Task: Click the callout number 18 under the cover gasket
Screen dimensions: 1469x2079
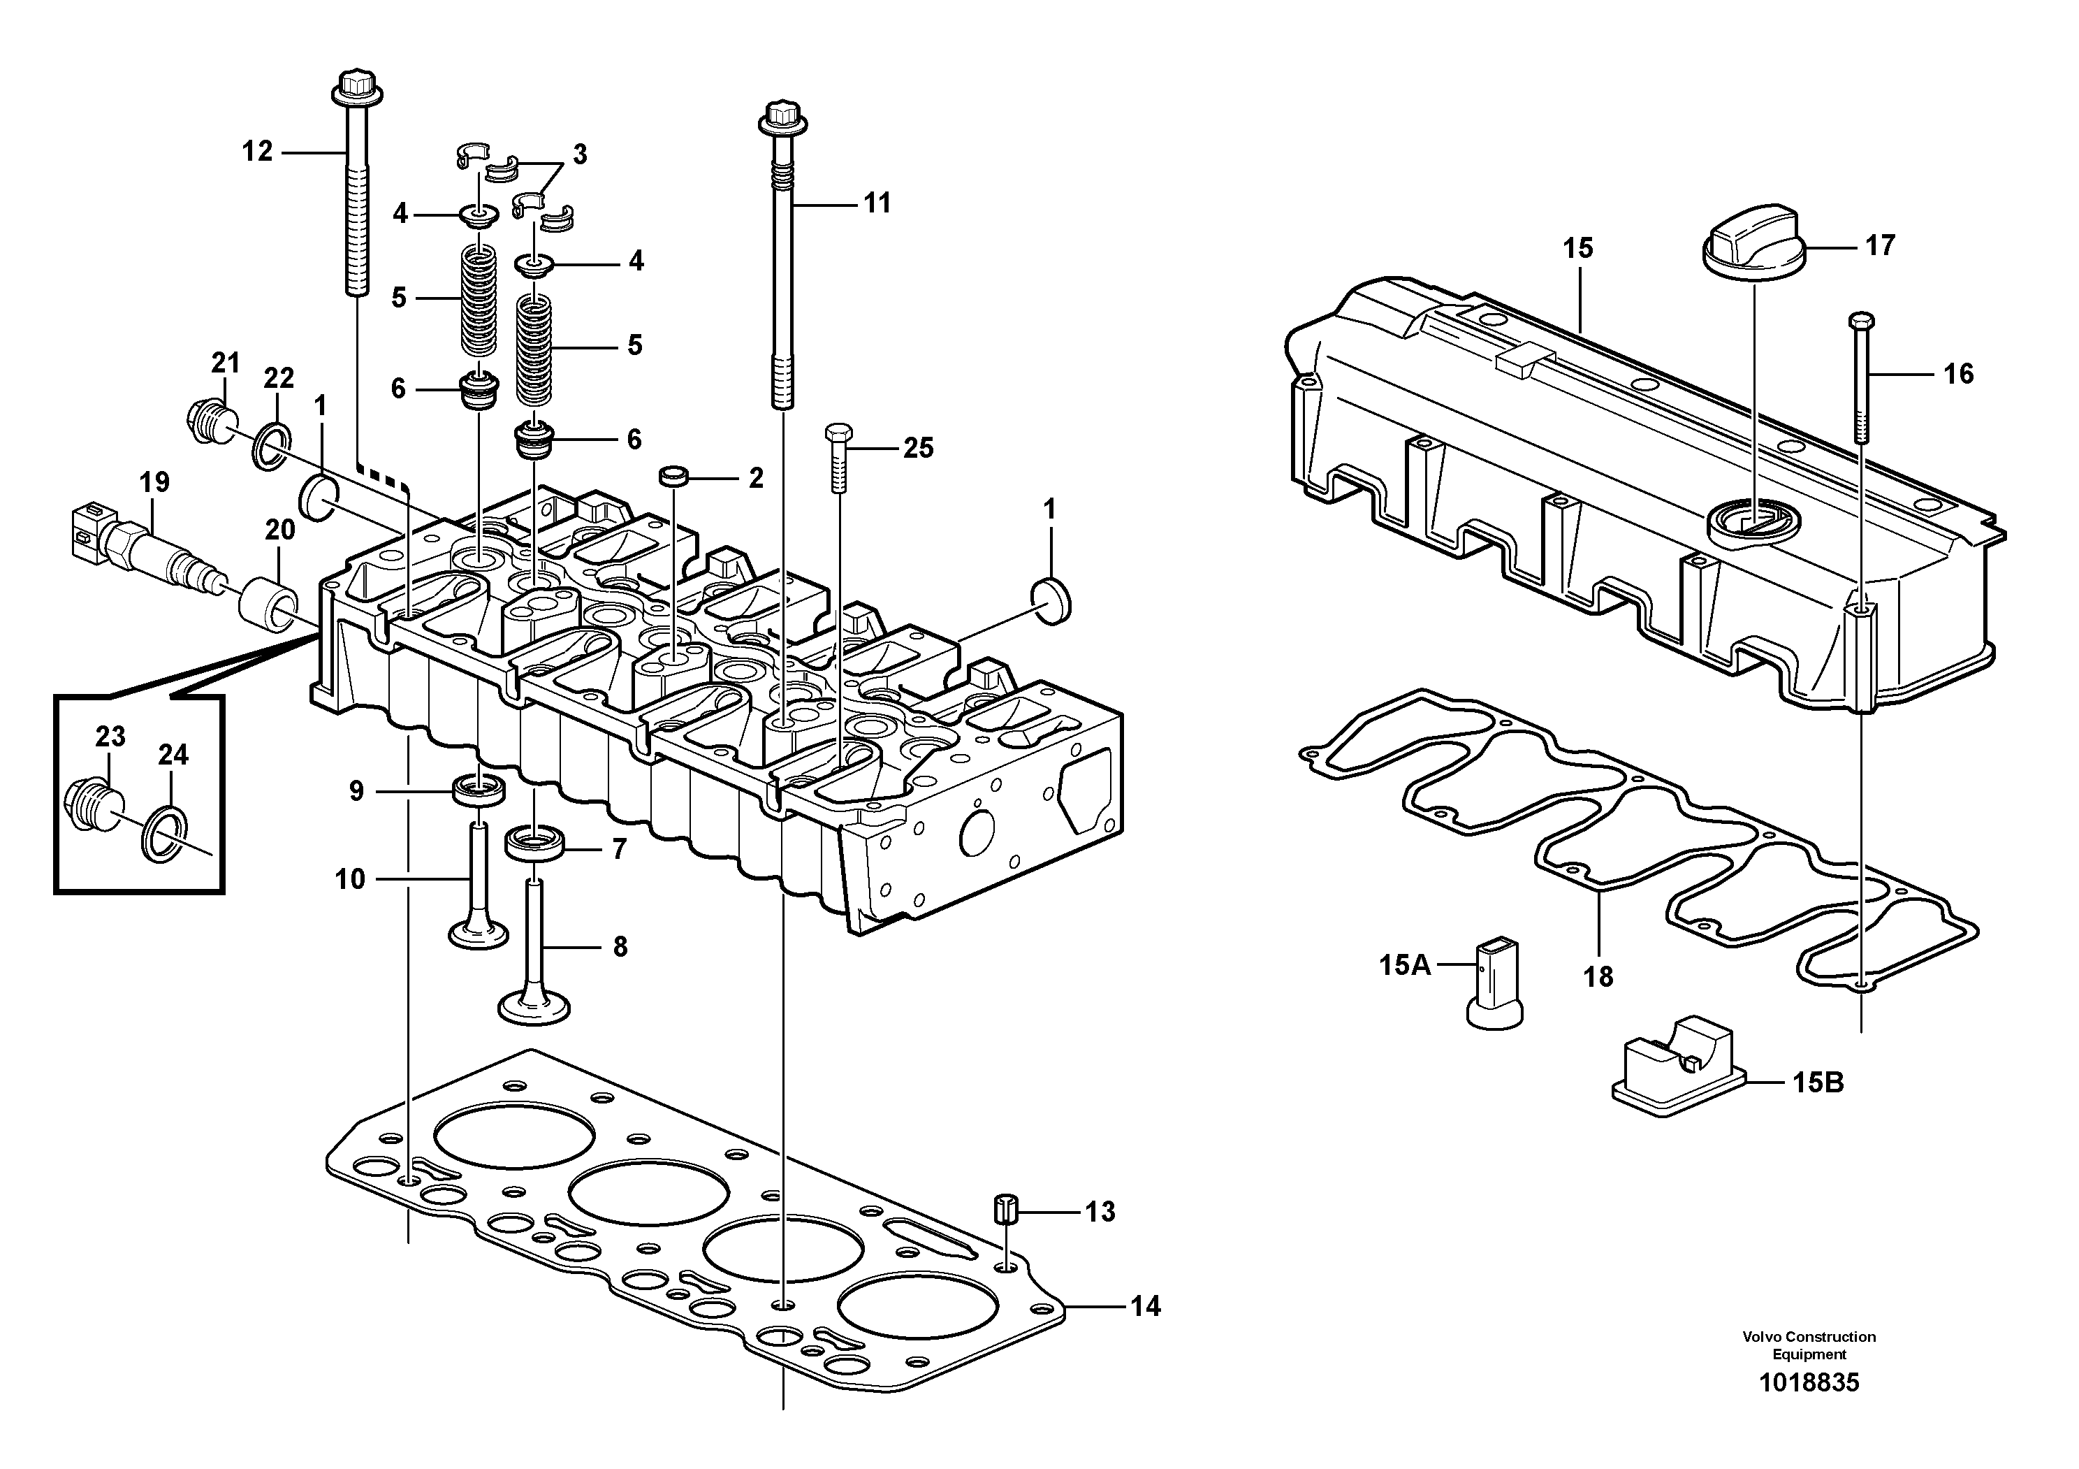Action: coord(1598,977)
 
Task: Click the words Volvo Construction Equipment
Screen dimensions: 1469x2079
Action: coord(1808,1345)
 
